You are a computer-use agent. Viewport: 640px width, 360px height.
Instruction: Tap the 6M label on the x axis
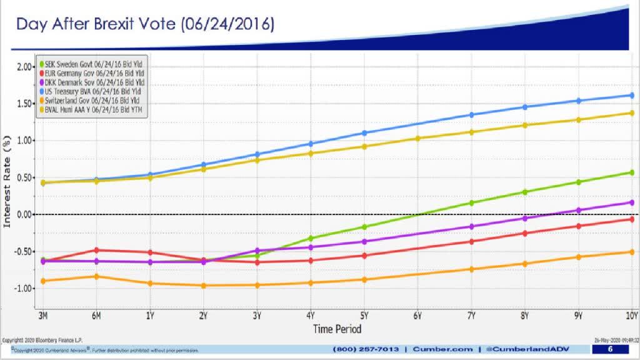coord(96,315)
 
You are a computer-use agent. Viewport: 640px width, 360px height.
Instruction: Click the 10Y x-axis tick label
coord(631,315)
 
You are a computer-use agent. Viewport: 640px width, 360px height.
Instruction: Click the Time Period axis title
coord(337,329)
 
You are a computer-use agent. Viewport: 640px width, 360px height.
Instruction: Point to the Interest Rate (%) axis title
coord(7,181)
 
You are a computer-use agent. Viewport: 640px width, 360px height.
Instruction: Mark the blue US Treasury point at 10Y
coord(632,96)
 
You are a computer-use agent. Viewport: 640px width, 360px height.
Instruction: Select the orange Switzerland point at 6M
coord(96,276)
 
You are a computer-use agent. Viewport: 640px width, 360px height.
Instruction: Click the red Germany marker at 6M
coord(96,250)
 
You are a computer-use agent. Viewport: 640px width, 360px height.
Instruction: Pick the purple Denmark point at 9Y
coord(579,210)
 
